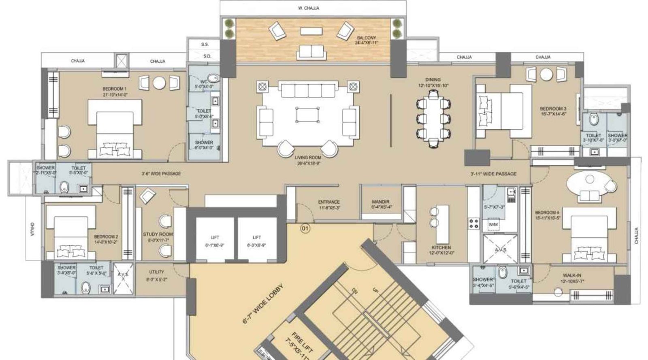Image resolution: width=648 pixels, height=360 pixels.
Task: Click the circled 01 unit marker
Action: pyautogui.click(x=305, y=229)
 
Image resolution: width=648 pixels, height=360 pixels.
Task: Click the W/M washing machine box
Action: pyautogui.click(x=493, y=224)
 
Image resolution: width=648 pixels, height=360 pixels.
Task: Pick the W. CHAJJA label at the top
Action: pyautogui.click(x=311, y=8)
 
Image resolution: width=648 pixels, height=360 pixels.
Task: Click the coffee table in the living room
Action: pyautogui.click(x=308, y=115)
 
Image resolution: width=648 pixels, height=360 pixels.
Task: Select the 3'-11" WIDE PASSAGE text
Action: pyautogui.click(x=493, y=174)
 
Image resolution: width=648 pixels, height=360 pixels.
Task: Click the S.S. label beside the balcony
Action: pyautogui.click(x=205, y=45)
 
